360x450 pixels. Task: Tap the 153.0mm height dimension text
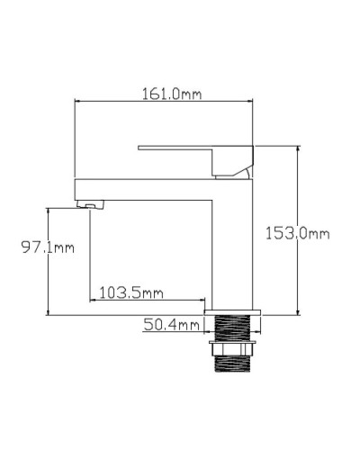coord(297,233)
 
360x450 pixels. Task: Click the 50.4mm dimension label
coord(171,324)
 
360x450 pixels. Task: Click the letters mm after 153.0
coord(319,234)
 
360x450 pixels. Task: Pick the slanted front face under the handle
coord(237,169)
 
